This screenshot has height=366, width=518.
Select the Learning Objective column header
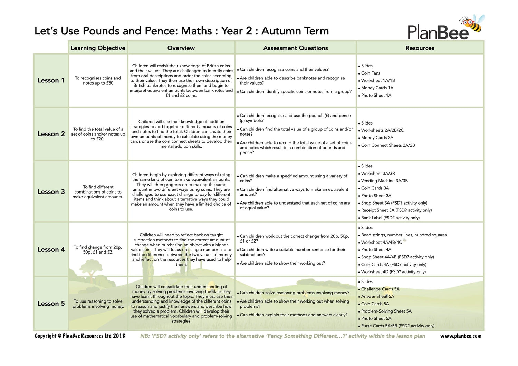click(x=98, y=48)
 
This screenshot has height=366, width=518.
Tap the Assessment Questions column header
click(x=295, y=48)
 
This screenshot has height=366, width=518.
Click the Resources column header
click(x=420, y=48)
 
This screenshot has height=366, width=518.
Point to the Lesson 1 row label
click(x=51, y=80)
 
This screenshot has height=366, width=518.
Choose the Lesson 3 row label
click(x=51, y=192)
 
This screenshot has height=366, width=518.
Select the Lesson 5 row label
click(x=51, y=304)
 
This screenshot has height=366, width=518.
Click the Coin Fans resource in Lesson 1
click(x=371, y=73)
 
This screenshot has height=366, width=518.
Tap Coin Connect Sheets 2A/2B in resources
click(x=388, y=145)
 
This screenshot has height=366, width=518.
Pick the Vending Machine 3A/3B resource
click(x=384, y=181)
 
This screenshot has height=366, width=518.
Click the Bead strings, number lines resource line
click(x=404, y=235)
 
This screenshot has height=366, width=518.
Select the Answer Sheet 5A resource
click(x=377, y=296)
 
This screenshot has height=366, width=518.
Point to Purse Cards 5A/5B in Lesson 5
click(x=397, y=326)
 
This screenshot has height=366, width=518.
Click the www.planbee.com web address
click(x=460, y=336)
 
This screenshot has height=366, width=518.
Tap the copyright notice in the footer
click(x=80, y=336)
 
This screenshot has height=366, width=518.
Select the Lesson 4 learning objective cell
click(x=98, y=250)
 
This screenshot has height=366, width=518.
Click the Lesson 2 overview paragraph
click(x=181, y=134)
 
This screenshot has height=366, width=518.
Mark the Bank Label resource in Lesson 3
click(x=390, y=218)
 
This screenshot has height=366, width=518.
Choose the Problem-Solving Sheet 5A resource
click(x=386, y=311)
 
